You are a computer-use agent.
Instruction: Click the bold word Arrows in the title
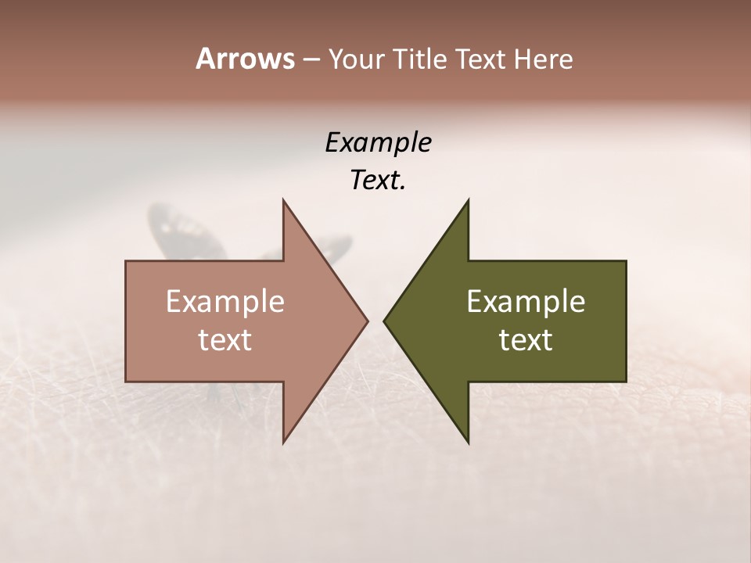click(x=245, y=59)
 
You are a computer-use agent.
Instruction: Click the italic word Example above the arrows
click(x=378, y=142)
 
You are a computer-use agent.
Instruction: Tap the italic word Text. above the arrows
click(x=375, y=180)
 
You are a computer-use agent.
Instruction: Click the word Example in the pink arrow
click(x=225, y=302)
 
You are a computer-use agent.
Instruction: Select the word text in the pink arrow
click(x=225, y=340)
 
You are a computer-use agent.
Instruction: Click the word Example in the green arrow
click(x=526, y=302)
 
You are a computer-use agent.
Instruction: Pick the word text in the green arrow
click(x=526, y=340)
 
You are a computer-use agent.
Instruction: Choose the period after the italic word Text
click(x=403, y=188)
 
